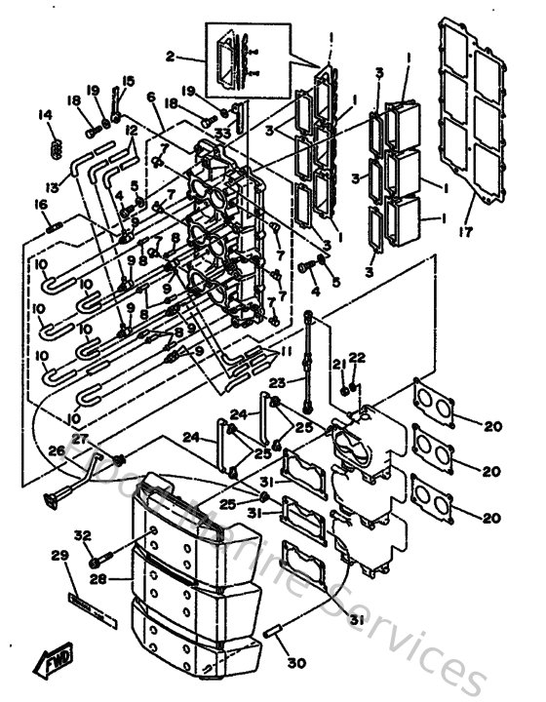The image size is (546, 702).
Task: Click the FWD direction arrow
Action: (x=49, y=665)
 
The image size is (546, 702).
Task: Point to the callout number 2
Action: (x=170, y=56)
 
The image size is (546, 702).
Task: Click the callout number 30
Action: (x=290, y=663)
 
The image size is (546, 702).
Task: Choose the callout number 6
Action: (x=152, y=97)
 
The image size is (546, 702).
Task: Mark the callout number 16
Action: (x=41, y=204)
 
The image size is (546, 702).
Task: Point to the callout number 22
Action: (x=357, y=358)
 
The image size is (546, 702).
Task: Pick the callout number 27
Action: (x=78, y=439)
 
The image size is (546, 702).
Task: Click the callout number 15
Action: (x=128, y=81)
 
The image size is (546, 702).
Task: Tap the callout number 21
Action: (x=338, y=364)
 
